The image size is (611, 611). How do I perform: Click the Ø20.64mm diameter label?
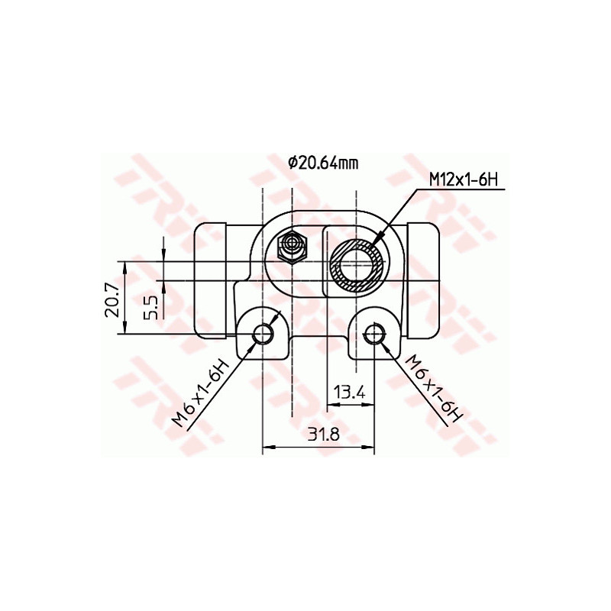(x=322, y=162)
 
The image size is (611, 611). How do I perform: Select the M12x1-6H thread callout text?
(x=464, y=179)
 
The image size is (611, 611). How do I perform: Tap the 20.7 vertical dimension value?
(x=112, y=298)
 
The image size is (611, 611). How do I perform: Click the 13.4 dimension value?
(x=350, y=393)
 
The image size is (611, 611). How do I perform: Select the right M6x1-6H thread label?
(x=435, y=389)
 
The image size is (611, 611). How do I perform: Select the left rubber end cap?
(x=211, y=280)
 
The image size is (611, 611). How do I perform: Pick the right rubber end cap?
(x=425, y=280)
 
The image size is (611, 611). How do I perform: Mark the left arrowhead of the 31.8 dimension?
(x=267, y=448)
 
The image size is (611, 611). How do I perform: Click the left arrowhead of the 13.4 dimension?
(x=331, y=404)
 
